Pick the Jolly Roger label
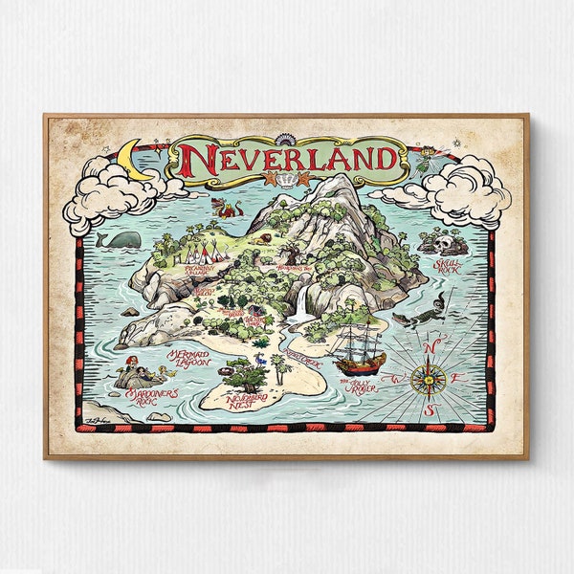tap(360, 386)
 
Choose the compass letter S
tap(430, 411)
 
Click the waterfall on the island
tap(302, 306)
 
